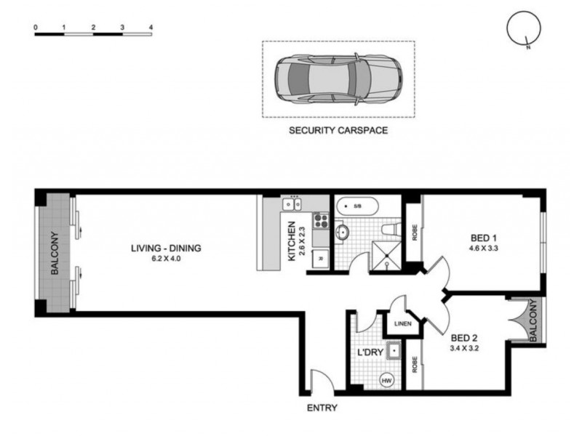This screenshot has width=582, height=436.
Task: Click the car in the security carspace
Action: coord(338,78)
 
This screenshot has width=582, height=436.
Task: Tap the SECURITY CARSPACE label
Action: coord(338,131)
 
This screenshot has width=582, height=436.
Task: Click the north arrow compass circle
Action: coord(523,30)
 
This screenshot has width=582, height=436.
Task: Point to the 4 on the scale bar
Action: coord(150,27)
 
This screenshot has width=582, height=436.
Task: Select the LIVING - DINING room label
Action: coord(166,249)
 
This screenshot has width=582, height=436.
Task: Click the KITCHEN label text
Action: coord(292,241)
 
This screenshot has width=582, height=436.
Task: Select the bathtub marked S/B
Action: coord(355,206)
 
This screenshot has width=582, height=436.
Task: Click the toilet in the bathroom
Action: coord(390,230)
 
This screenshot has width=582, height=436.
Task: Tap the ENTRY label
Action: coord(322,408)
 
